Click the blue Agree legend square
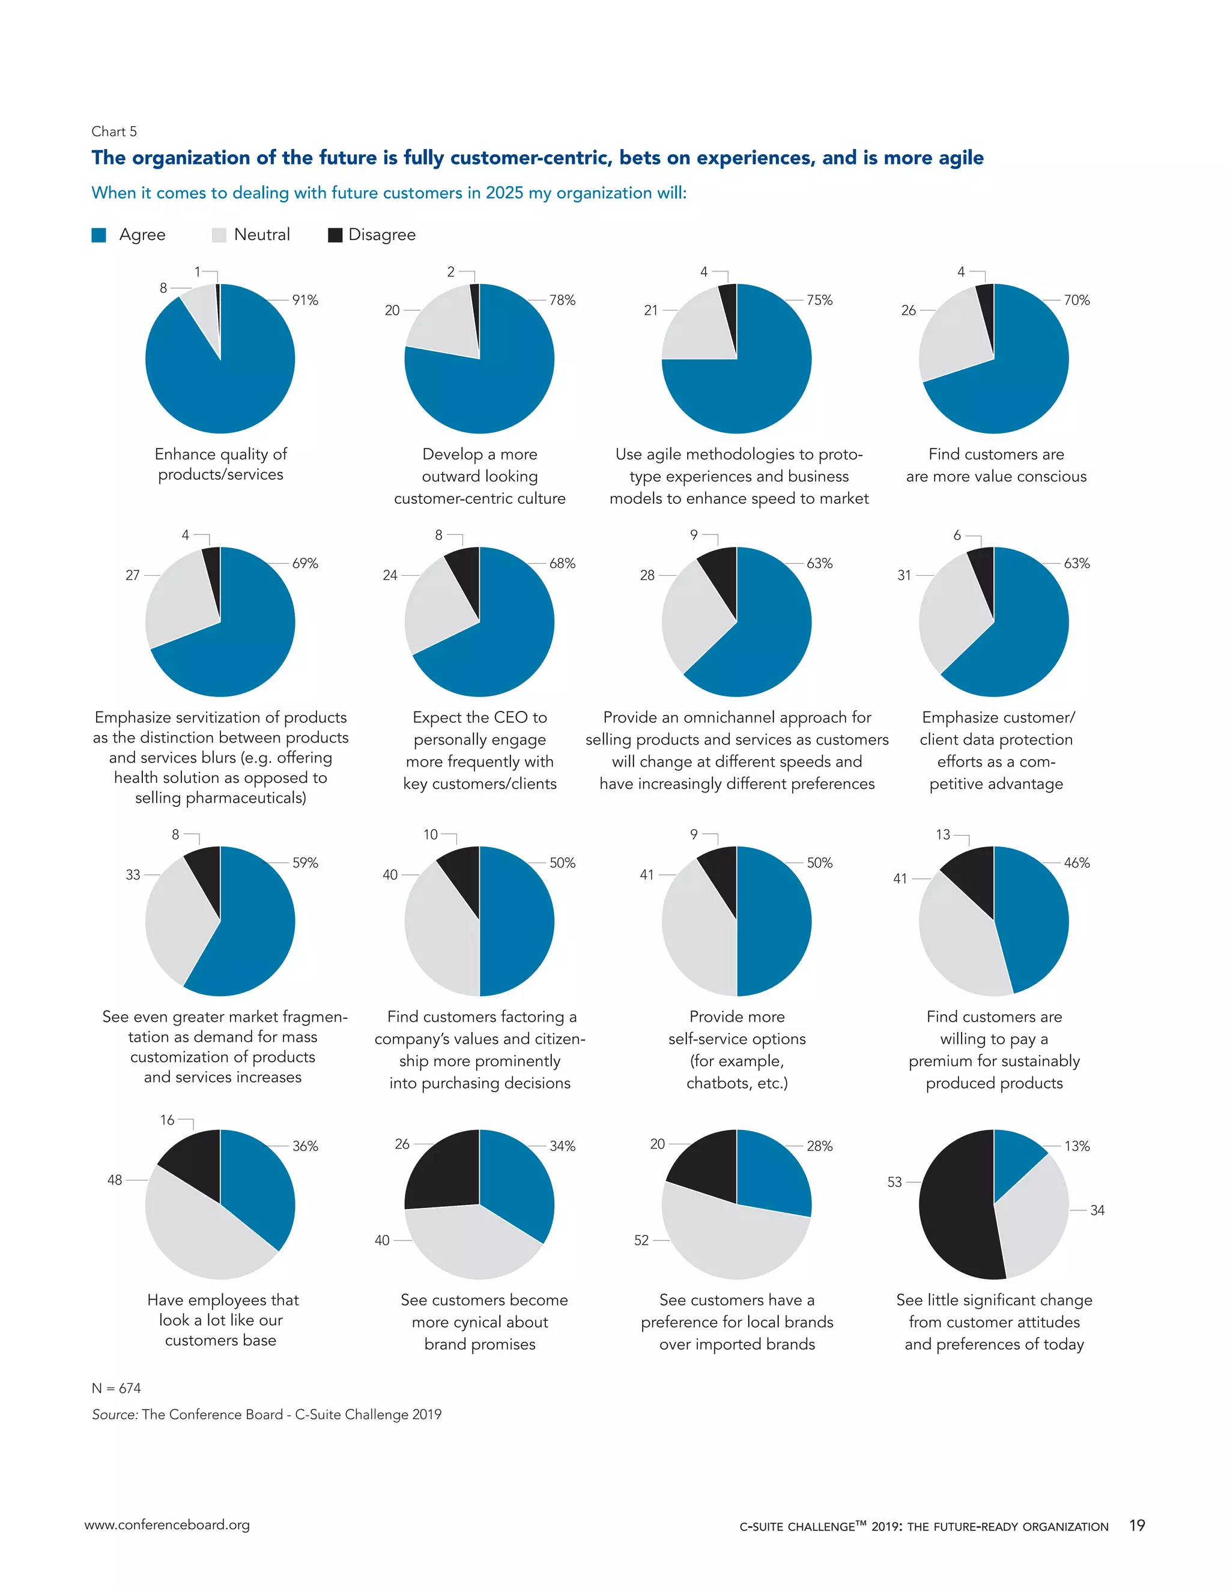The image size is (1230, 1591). click(x=99, y=235)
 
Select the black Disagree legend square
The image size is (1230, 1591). click(x=335, y=235)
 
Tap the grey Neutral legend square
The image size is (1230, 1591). click(x=219, y=235)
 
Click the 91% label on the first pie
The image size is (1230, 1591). click(x=304, y=300)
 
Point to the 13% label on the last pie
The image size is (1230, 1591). click(x=1076, y=1146)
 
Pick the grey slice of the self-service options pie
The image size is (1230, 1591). click(x=696, y=932)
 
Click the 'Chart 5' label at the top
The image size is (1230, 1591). click(x=114, y=131)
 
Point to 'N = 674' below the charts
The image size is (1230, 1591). click(x=117, y=1387)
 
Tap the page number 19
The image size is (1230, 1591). click(x=1137, y=1525)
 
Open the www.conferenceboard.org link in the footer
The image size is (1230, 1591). click(x=167, y=1524)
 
